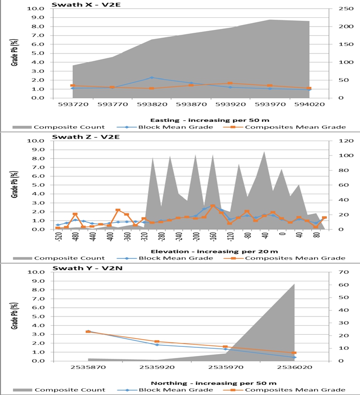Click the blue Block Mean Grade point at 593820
[151, 78]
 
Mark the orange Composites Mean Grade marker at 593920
[230, 83]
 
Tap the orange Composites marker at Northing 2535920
[157, 342]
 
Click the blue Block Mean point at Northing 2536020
[294, 357]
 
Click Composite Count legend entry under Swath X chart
[68, 127]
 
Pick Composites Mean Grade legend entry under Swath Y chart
[294, 390]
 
